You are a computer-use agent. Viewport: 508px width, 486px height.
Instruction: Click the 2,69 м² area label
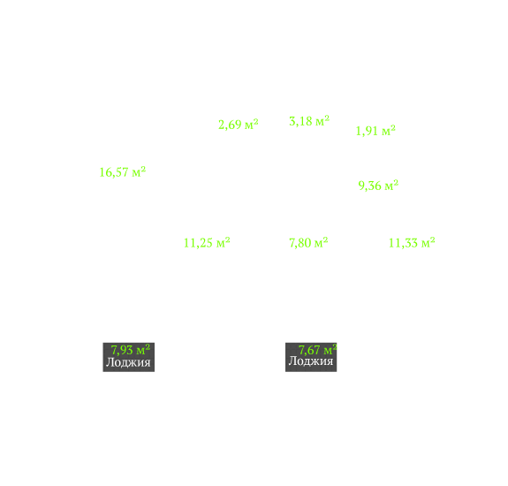239,125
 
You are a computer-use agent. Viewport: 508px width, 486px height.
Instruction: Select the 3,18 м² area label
309,121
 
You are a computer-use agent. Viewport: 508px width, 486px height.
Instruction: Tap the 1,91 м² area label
375,131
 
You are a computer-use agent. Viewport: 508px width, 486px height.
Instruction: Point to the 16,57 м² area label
123,172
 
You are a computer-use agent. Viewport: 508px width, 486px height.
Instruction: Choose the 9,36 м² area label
378,186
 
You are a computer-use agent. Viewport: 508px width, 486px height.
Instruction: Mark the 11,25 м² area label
207,243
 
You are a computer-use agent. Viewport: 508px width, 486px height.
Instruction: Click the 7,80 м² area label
308,243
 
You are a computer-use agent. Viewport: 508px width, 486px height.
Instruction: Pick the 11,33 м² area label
412,243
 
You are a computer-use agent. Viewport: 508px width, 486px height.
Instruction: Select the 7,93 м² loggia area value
131,350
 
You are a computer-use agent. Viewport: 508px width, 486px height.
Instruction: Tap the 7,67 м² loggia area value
317,350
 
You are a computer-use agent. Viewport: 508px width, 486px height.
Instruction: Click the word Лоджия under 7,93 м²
128,362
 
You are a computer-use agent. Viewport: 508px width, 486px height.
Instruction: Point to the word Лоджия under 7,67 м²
311,361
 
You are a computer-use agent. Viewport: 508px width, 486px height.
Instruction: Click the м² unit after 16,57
139,171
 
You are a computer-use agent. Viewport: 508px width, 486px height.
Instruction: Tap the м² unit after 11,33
428,243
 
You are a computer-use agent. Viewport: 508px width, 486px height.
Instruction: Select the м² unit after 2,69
252,124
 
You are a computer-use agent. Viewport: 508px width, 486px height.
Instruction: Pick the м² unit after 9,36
391,186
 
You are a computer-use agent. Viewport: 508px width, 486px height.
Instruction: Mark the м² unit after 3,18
322,121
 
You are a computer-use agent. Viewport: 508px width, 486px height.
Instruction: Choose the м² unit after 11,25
223,243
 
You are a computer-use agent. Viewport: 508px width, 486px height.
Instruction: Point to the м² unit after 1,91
389,131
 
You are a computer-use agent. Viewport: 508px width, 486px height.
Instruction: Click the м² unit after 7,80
321,243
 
